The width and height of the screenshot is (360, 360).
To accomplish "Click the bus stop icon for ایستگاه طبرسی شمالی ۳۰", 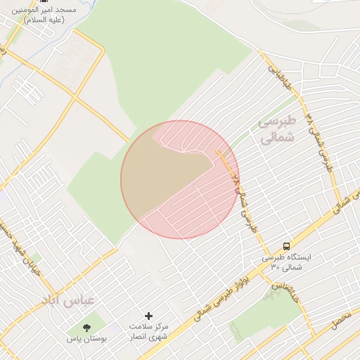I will [x=286, y=246].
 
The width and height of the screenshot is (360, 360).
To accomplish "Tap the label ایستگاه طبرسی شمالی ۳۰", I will [x=286, y=262].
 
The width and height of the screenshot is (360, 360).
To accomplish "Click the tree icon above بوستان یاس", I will [x=87, y=328].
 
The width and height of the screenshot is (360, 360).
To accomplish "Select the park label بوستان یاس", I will [x=87, y=338].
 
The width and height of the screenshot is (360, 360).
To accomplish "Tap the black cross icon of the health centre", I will [x=148, y=316].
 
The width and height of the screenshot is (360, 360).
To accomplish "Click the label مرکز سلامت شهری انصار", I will [x=148, y=332].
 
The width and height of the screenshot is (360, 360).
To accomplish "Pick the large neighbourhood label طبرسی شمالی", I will [x=277, y=130].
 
